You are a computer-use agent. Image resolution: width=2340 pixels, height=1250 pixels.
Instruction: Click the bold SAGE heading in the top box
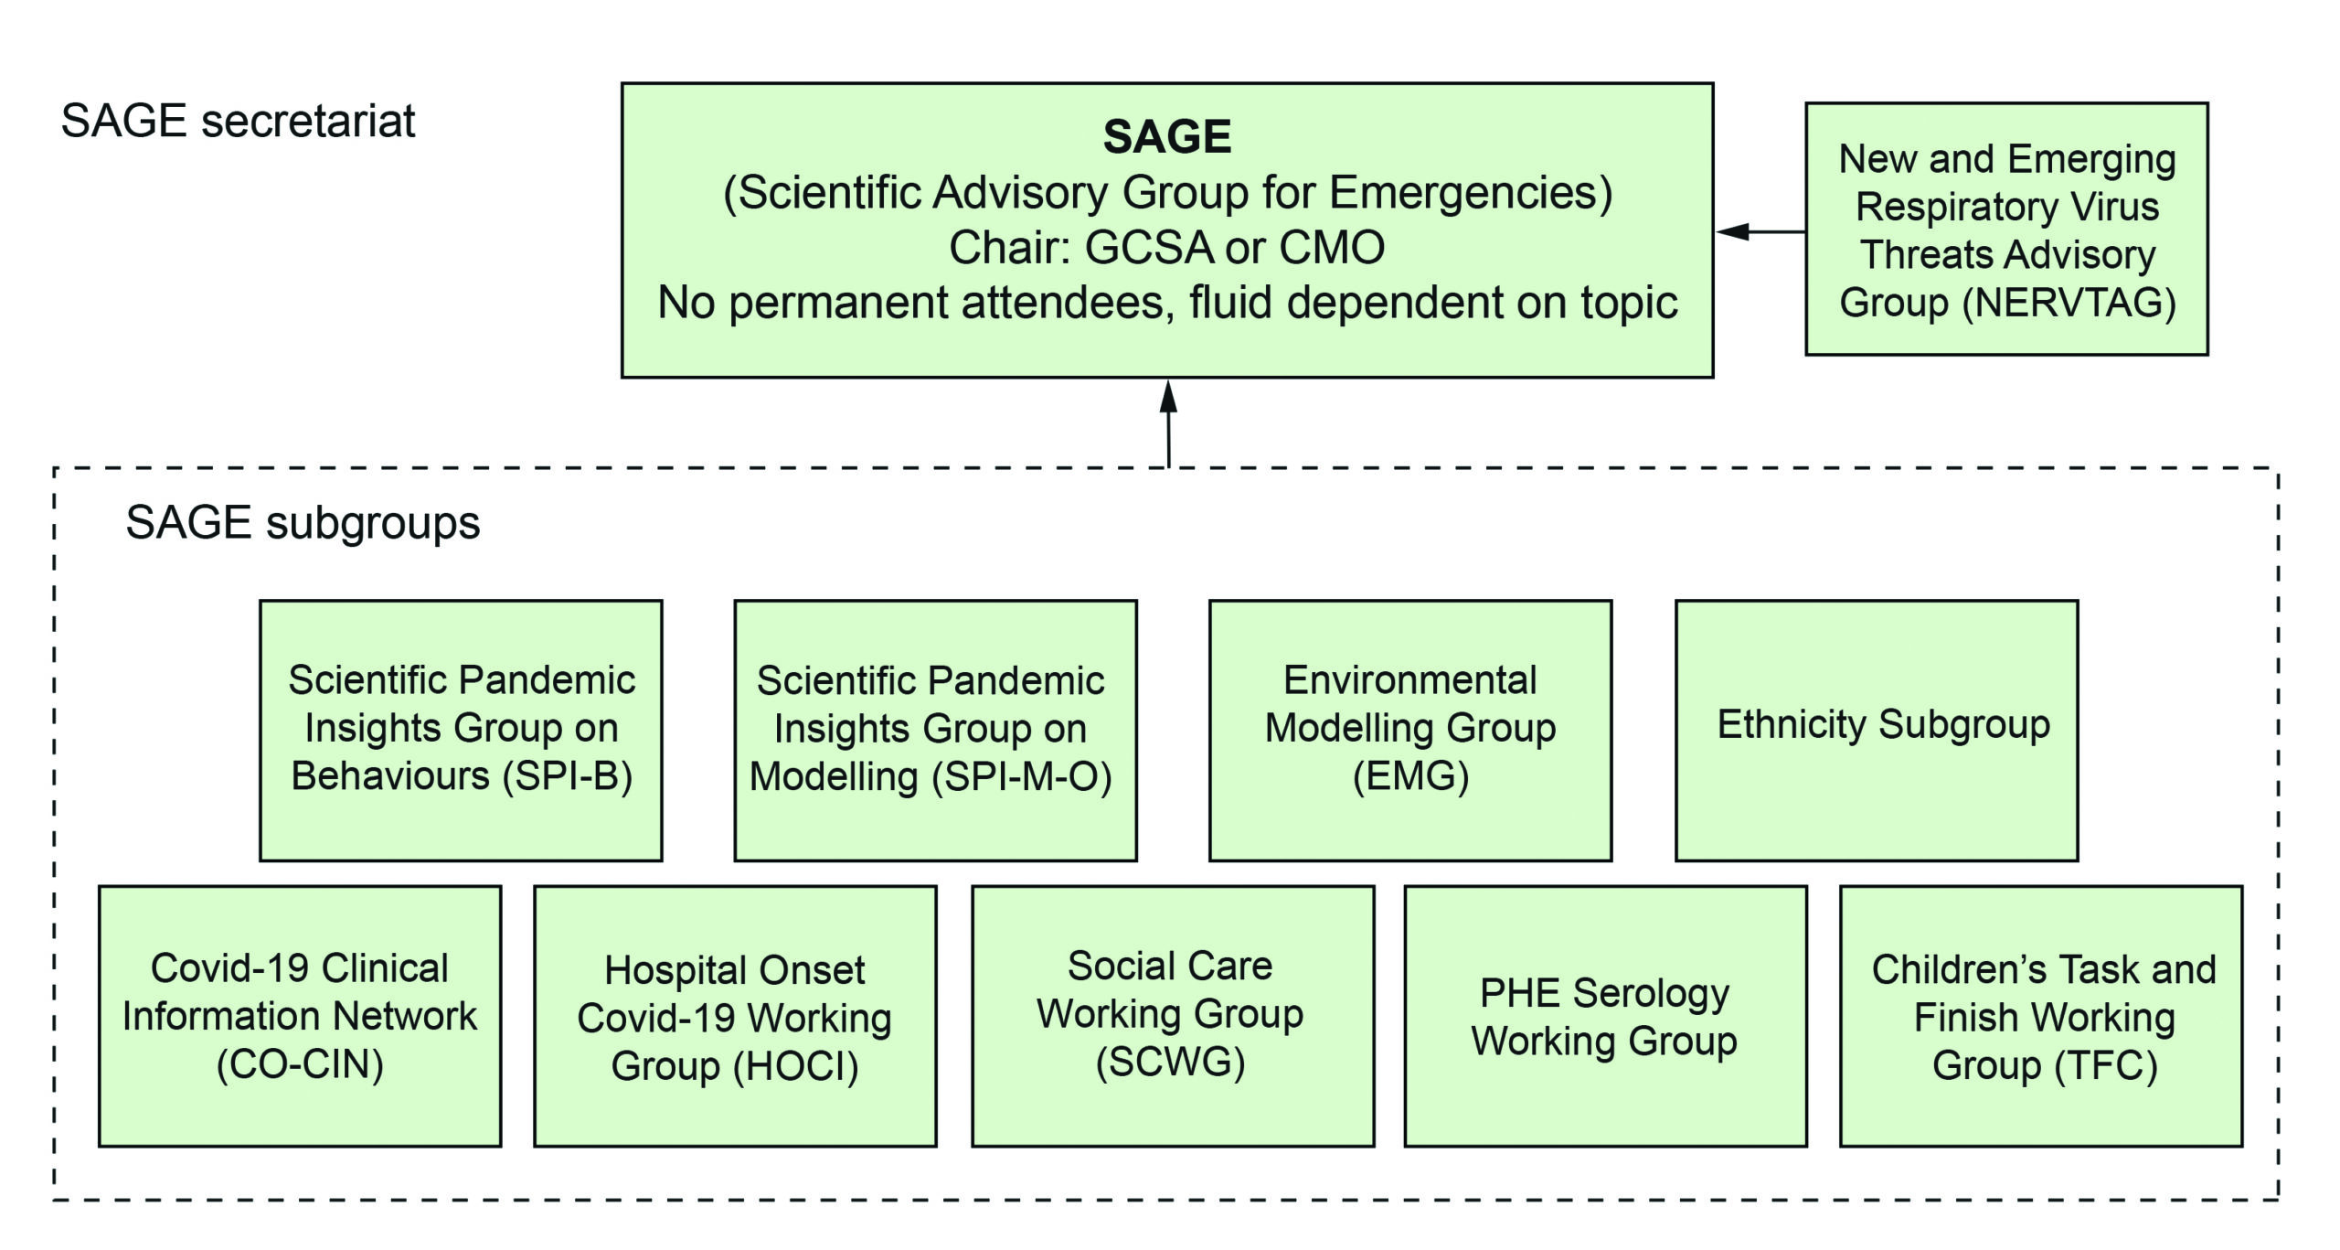1166,137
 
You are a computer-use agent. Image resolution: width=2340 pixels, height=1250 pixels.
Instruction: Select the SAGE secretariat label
238,121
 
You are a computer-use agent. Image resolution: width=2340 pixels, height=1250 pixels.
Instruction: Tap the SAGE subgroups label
303,523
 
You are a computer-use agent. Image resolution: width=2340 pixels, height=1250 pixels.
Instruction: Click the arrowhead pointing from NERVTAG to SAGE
1733,231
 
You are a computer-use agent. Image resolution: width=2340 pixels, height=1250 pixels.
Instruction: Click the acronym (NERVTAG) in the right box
2069,303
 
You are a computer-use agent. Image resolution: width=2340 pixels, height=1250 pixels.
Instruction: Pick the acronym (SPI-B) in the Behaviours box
568,776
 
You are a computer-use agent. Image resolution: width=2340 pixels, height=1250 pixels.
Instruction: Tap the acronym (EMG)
1410,776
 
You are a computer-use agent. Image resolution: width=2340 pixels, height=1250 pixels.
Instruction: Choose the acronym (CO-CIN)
300,1064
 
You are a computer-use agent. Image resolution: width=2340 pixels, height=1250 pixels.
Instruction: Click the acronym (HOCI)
796,1066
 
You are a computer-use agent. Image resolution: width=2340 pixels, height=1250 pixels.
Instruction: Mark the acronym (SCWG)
1170,1062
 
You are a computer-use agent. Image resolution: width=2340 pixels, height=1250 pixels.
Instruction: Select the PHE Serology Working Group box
1604,1017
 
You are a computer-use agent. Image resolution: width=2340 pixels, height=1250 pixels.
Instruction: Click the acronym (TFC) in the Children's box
2106,1065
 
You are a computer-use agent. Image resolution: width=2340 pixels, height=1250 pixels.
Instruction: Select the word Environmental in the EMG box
1409,680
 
